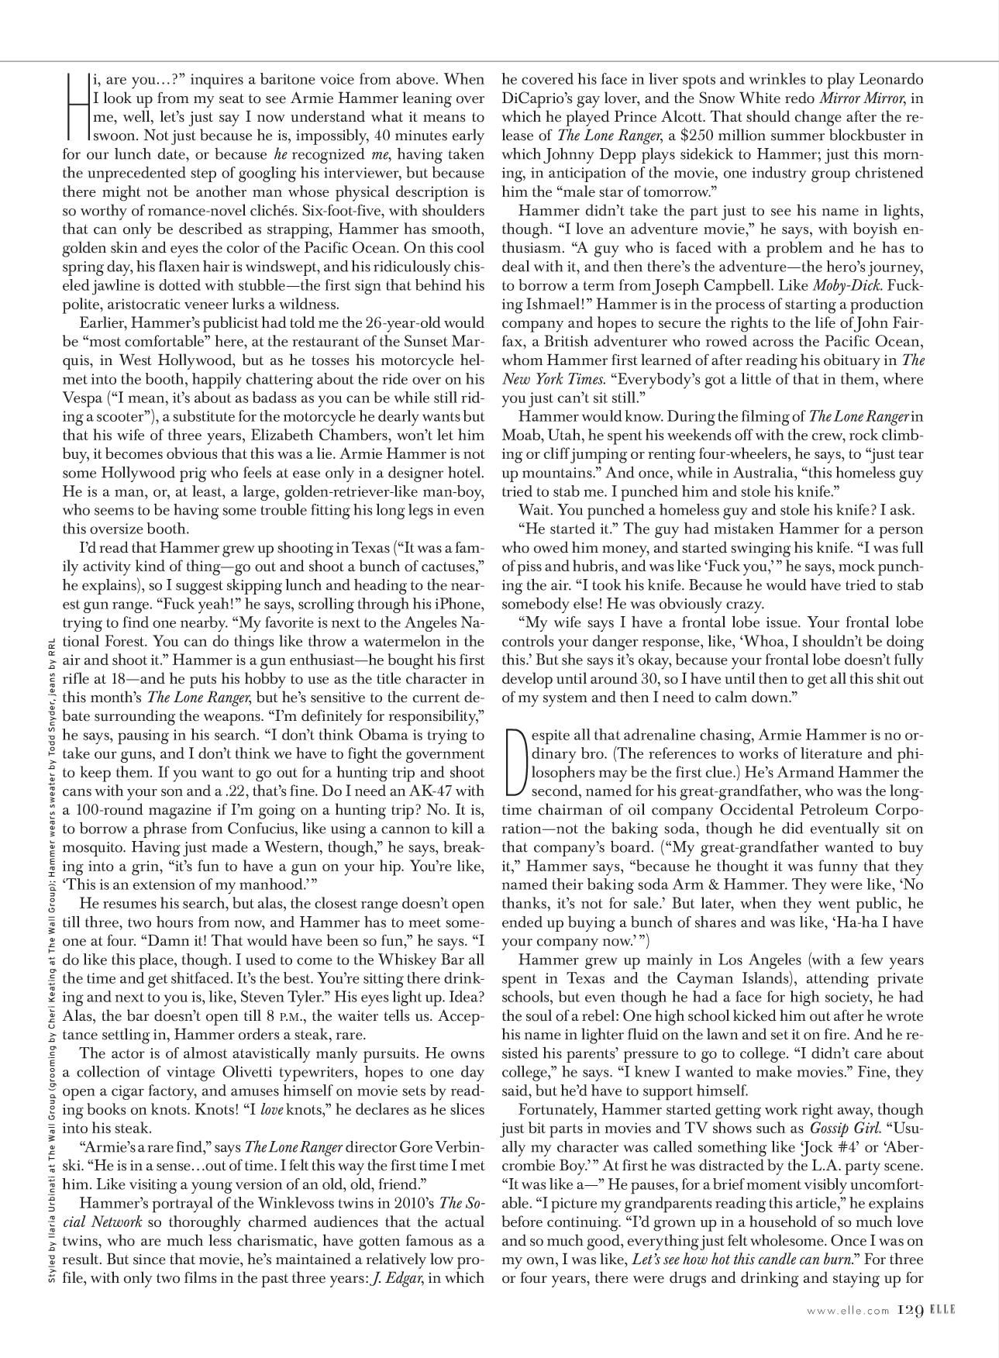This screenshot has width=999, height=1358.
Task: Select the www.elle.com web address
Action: pos(847,1309)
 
